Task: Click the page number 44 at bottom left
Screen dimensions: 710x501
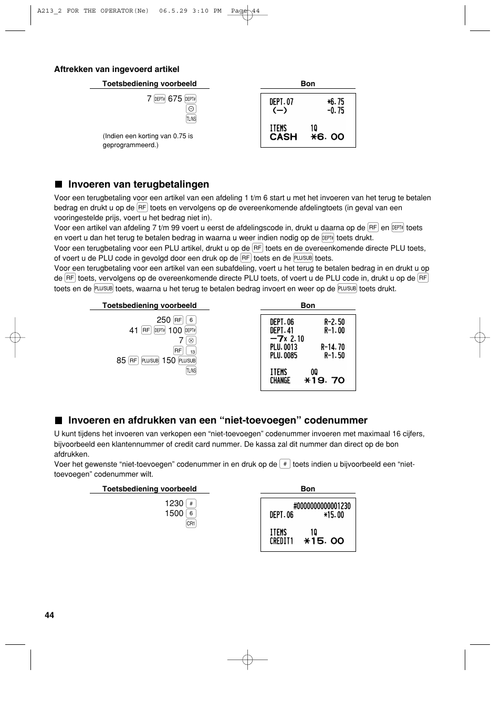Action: click(49, 615)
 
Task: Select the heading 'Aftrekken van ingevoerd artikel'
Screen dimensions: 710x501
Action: click(117, 69)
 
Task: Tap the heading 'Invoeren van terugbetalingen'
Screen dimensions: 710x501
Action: click(138, 184)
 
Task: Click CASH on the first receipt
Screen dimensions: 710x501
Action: click(284, 137)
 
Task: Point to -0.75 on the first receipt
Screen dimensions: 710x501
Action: click(336, 111)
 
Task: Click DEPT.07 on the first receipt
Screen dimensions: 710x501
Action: click(281, 102)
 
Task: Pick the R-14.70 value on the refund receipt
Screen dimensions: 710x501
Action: click(333, 347)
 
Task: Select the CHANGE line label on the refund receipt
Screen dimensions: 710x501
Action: click(280, 380)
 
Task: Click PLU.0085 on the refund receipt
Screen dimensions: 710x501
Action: click(284, 356)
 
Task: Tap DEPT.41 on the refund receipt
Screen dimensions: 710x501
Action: click(281, 331)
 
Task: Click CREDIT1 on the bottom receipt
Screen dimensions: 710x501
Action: click(281, 541)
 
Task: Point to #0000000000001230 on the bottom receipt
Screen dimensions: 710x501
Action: click(322, 506)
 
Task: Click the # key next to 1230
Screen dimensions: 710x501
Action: click(191, 503)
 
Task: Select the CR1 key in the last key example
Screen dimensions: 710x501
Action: click(191, 523)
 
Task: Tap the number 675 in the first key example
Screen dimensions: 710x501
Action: click(175, 99)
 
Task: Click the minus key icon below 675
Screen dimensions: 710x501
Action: click(191, 109)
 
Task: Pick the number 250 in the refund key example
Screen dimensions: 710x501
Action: click(163, 320)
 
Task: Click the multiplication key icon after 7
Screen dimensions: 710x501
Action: click(191, 341)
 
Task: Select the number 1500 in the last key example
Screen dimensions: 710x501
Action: click(174, 513)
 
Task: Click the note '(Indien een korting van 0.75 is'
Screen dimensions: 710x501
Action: click(148, 136)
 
